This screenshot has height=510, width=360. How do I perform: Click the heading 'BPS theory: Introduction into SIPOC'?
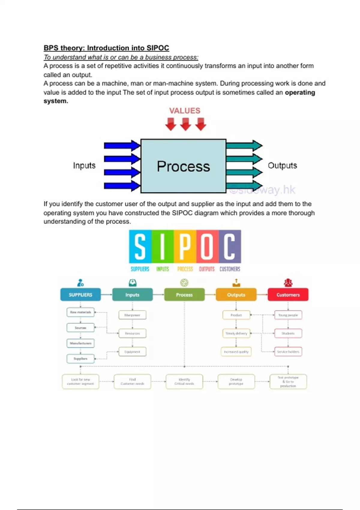[106, 48]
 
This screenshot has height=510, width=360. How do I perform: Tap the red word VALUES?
[184, 111]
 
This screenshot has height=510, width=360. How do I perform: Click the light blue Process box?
[183, 166]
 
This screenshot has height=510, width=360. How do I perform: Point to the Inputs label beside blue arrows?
[84, 166]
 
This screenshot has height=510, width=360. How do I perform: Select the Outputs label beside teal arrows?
[282, 166]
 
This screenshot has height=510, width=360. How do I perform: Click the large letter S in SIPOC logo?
[140, 246]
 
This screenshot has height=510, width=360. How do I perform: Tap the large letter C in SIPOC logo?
[229, 246]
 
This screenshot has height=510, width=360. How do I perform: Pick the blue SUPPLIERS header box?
[80, 295]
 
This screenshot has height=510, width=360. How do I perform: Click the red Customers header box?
[288, 295]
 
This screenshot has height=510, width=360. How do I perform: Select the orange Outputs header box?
[236, 295]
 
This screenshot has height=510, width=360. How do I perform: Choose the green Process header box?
[184, 295]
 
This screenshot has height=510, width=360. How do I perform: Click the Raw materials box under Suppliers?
[80, 312]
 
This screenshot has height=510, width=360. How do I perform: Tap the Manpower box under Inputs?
[132, 315]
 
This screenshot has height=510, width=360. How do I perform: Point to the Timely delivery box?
[236, 333]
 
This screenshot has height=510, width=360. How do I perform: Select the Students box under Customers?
[288, 333]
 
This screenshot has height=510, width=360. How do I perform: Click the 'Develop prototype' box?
[236, 382]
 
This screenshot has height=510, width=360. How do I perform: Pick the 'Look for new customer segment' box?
[80, 382]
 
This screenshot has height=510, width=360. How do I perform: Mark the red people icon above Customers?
[288, 283]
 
